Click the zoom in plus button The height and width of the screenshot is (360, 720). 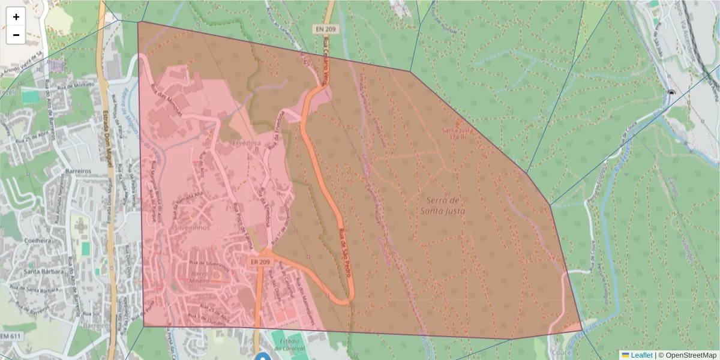(16, 17)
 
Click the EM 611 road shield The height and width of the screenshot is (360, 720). (11, 336)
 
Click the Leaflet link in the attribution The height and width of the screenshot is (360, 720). (641, 355)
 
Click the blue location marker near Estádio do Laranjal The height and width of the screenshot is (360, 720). (263, 357)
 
